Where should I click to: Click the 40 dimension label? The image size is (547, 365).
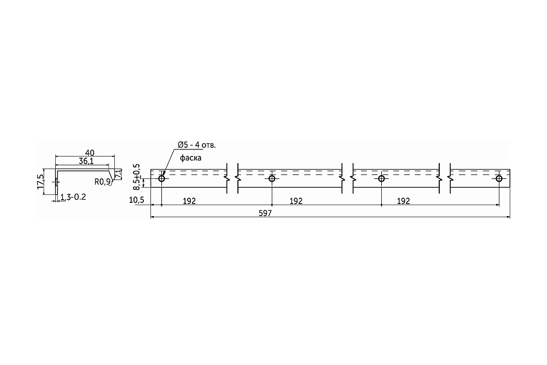[90, 153]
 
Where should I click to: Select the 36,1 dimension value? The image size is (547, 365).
[86, 161]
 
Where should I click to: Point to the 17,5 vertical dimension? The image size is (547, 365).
[40, 182]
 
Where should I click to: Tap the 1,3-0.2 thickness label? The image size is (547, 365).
[73, 197]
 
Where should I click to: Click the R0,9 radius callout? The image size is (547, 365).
[102, 182]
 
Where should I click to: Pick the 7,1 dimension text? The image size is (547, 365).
[119, 173]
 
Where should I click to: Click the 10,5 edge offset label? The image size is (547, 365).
[136, 200]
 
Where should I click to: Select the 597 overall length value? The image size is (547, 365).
[265, 213]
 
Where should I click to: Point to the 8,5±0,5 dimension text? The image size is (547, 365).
[137, 177]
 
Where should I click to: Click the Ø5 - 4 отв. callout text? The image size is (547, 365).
[197, 145]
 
